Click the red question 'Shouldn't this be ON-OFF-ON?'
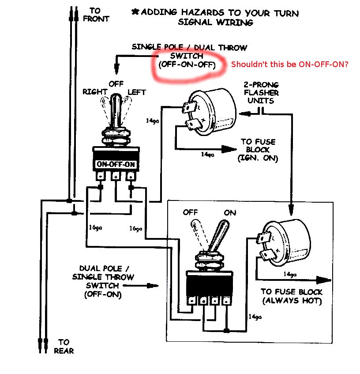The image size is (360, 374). click(x=290, y=64)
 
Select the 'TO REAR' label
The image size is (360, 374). click(x=64, y=346)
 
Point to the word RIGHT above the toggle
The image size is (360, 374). click(x=95, y=92)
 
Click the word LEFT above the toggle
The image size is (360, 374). click(x=137, y=92)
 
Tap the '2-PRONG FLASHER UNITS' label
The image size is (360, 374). click(x=260, y=93)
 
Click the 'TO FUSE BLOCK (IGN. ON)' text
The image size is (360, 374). click(x=258, y=150)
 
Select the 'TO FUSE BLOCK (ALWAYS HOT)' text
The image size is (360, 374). click(x=292, y=296)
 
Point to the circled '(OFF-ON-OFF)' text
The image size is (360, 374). click(x=187, y=65)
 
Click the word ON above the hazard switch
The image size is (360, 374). click(x=230, y=212)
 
